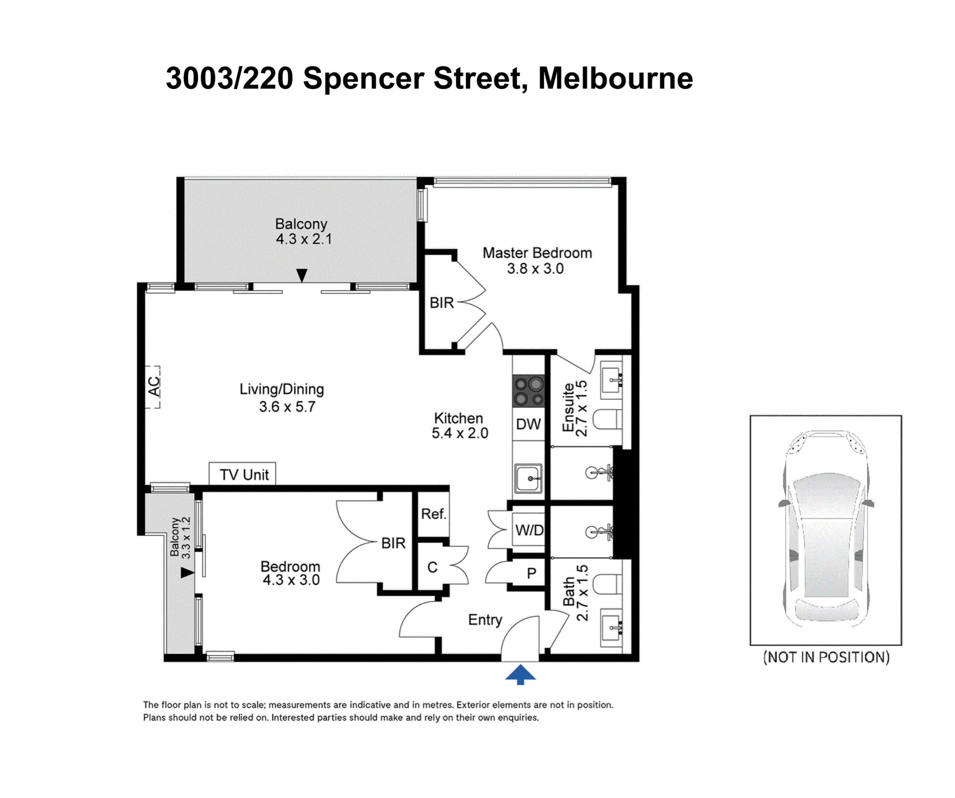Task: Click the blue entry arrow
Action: pyautogui.click(x=520, y=674)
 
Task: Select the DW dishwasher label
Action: pyautogui.click(x=529, y=424)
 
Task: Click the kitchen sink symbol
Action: pyautogui.click(x=528, y=478)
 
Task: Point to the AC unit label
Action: pyautogui.click(x=154, y=387)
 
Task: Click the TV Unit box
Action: pyautogui.click(x=243, y=474)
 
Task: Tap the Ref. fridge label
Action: pyautogui.click(x=434, y=514)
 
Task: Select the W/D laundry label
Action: pyautogui.click(x=530, y=530)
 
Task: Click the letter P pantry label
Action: pyautogui.click(x=531, y=573)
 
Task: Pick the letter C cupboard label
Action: pyautogui.click(x=432, y=567)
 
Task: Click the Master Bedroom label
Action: pyautogui.click(x=537, y=253)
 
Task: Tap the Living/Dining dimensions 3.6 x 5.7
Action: pyautogui.click(x=287, y=407)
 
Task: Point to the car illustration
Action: pyautogui.click(x=826, y=528)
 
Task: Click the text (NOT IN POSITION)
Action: pyautogui.click(x=826, y=657)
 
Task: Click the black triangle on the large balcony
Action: pyautogui.click(x=302, y=276)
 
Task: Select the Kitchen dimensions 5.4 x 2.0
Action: pyautogui.click(x=460, y=433)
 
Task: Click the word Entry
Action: pyautogui.click(x=485, y=620)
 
